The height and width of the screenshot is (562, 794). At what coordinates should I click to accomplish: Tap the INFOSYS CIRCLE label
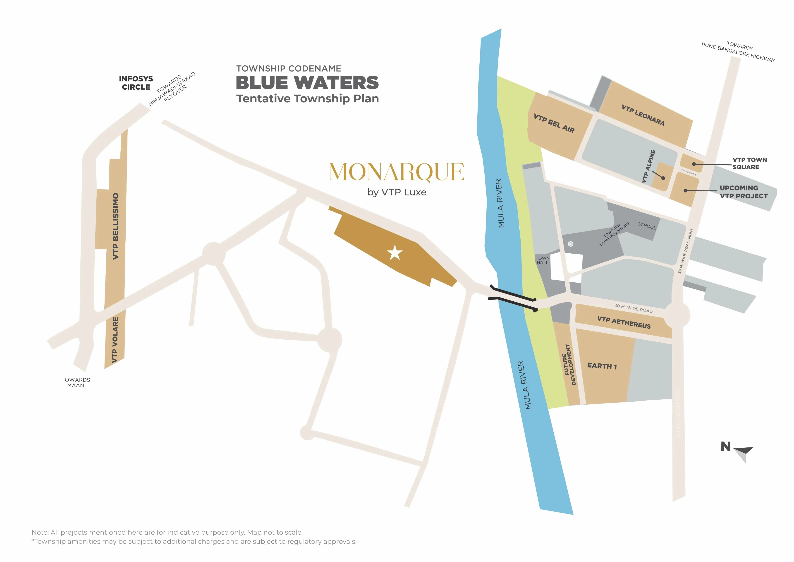click(x=136, y=83)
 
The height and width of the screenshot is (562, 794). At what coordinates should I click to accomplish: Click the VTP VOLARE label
click(x=115, y=340)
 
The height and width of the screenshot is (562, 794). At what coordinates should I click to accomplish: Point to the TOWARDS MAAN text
click(x=76, y=382)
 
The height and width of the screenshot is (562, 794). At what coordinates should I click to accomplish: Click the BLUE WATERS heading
click(x=307, y=83)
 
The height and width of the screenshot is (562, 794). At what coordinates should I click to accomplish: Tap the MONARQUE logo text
click(x=397, y=172)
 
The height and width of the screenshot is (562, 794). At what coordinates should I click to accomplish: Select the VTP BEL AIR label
click(x=554, y=124)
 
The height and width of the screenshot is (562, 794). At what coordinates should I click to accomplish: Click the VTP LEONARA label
click(x=643, y=115)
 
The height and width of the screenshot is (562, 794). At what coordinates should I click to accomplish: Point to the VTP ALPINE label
click(x=648, y=166)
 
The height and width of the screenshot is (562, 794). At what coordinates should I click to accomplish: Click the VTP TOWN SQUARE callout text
click(x=749, y=163)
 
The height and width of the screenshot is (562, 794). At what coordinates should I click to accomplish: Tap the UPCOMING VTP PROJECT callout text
click(x=744, y=192)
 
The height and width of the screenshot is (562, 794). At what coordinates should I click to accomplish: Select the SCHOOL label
click(x=647, y=226)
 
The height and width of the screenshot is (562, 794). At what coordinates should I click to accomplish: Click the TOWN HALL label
click(x=542, y=260)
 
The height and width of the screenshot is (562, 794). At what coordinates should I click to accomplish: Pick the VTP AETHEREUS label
click(x=624, y=322)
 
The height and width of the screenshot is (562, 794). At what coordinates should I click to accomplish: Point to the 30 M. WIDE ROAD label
click(x=633, y=308)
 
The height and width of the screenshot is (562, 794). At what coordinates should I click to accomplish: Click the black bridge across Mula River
click(x=513, y=298)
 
